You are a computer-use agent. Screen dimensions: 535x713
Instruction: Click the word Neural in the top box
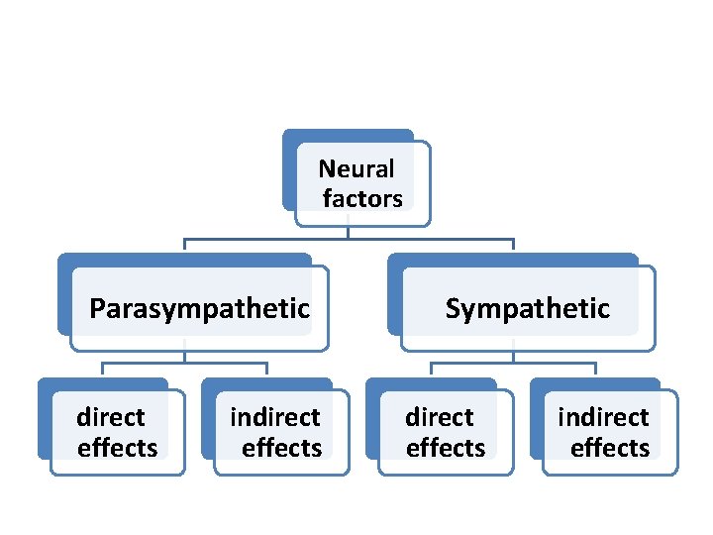coord(356,169)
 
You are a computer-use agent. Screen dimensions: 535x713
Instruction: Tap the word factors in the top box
coord(362,199)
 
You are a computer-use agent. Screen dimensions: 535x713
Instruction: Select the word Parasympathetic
coord(199,309)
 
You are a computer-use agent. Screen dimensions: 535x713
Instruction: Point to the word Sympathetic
coord(527,309)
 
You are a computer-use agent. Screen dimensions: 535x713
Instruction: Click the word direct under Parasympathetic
coord(111,417)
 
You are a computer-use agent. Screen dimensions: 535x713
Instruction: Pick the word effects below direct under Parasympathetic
coord(117,448)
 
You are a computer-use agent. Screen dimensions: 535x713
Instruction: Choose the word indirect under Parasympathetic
coord(275,417)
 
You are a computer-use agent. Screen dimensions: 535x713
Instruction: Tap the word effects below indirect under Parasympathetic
coord(282,448)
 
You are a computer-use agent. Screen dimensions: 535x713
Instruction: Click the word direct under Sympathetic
coord(440,417)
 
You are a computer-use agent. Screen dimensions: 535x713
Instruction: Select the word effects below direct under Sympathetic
coord(446,448)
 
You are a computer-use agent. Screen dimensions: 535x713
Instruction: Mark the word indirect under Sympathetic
coord(603,417)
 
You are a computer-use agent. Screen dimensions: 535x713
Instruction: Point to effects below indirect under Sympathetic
coord(610,448)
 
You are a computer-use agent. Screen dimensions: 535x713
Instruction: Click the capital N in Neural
coord(326,169)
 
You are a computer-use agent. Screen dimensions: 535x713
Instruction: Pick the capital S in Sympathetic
coord(453,309)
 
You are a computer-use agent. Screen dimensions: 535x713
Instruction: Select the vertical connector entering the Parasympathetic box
coord(185,246)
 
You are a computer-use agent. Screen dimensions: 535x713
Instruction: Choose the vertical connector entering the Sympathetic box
coord(513,246)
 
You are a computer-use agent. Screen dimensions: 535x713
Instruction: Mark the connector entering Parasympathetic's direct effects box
coord(103,370)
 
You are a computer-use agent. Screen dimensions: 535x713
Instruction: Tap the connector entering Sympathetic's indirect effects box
coord(595,370)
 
